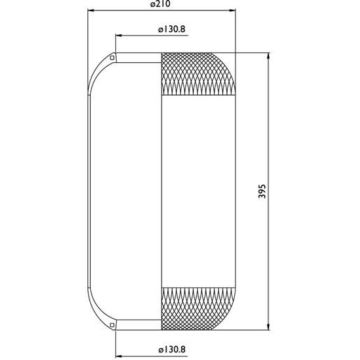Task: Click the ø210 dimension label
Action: (x=160, y=4)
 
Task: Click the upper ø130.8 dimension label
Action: (x=172, y=29)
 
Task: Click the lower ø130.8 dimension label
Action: (x=172, y=350)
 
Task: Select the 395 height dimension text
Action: (x=262, y=192)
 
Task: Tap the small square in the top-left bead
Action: (x=112, y=57)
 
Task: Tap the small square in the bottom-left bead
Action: (x=112, y=325)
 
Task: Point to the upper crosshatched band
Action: (x=199, y=74)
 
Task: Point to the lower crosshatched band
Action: (x=199, y=309)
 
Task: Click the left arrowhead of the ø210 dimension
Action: (x=91, y=10)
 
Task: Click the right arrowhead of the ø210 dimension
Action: (x=232, y=10)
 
